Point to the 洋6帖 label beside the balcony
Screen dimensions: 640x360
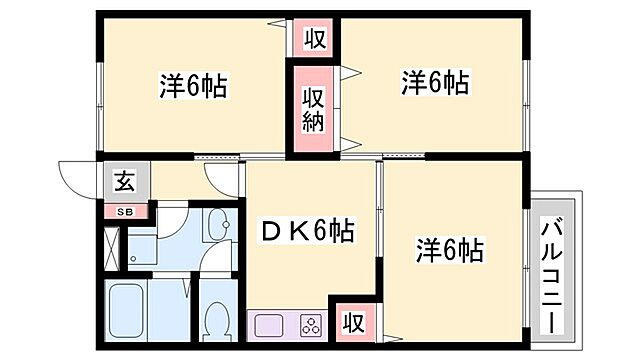pos(450,248)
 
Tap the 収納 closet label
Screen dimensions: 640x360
pos(313,108)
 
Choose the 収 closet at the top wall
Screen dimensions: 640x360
pos(315,39)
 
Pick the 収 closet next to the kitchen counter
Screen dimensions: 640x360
pos(353,322)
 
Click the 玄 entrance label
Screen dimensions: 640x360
pos(125,182)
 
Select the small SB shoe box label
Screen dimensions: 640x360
pos(127,212)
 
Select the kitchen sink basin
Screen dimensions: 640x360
pos(270,324)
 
